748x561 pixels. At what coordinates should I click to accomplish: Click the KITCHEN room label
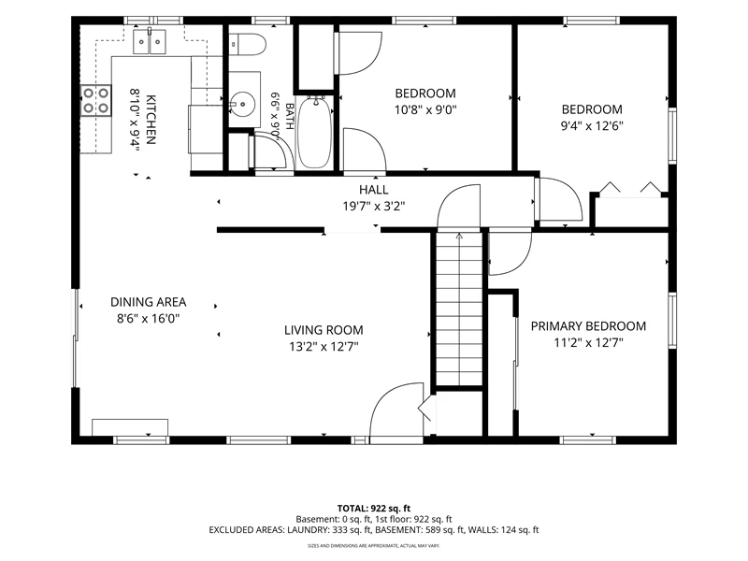pyautogui.click(x=151, y=120)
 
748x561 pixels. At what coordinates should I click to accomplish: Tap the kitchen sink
pyautogui.click(x=150, y=41)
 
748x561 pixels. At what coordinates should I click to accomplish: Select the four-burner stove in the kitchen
pyautogui.click(x=95, y=100)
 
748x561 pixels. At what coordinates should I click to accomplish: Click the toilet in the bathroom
pyautogui.click(x=247, y=44)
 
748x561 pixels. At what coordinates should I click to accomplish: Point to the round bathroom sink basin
pyautogui.click(x=243, y=104)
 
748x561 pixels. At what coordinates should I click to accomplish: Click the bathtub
pyautogui.click(x=314, y=132)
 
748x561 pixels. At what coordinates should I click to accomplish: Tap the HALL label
pyautogui.click(x=373, y=190)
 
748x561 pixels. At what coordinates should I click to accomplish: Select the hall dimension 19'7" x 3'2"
pyautogui.click(x=373, y=207)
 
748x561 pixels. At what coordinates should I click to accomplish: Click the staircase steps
pyautogui.click(x=459, y=309)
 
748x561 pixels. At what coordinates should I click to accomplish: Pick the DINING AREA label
pyautogui.click(x=149, y=302)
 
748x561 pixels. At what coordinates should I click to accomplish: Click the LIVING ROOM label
pyautogui.click(x=324, y=330)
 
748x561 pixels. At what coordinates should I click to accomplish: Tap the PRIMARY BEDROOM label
pyautogui.click(x=589, y=326)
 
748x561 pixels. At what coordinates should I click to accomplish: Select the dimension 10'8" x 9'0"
pyautogui.click(x=425, y=110)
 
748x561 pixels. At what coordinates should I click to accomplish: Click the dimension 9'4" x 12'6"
pyautogui.click(x=592, y=126)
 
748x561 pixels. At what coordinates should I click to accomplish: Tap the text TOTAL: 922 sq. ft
pyautogui.click(x=373, y=509)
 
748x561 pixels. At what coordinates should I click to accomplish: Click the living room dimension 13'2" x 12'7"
pyautogui.click(x=324, y=346)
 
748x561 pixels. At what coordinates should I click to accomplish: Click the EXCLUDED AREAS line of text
pyautogui.click(x=373, y=529)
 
